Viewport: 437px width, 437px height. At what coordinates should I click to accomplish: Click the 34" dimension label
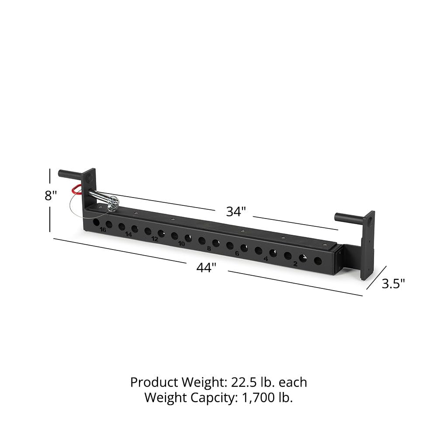236,212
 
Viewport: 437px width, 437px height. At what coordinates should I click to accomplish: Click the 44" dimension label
206,268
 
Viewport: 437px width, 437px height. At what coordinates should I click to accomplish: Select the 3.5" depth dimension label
393,284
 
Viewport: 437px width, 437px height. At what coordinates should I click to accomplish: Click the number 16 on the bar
103,229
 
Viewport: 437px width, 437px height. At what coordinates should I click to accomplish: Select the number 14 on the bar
128,234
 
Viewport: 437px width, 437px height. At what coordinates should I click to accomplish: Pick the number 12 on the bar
155,239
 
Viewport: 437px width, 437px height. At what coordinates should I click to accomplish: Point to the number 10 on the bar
181,243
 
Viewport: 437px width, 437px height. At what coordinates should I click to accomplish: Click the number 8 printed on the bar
209,248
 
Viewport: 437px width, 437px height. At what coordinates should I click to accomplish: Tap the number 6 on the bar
237,253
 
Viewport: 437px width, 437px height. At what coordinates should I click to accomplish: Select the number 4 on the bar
265,258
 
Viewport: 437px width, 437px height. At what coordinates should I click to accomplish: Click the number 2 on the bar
295,264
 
